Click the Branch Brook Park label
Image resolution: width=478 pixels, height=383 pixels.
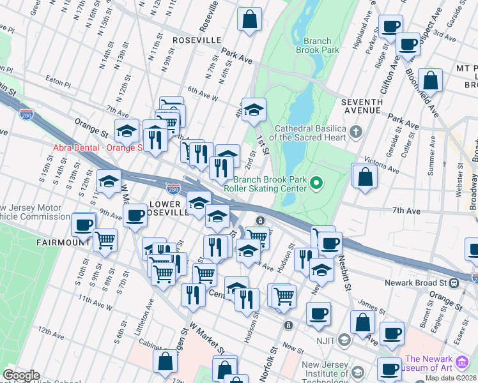coord(317,45)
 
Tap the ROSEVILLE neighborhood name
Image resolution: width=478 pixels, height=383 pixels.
coord(197,40)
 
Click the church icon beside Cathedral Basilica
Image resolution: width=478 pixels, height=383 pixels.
coord(356,133)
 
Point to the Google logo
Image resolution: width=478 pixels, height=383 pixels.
coord(20,375)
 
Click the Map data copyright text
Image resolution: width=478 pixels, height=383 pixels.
coord(450,378)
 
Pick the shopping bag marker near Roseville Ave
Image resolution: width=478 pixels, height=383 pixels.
coord(249,20)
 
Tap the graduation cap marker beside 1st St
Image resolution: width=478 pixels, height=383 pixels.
coord(254,110)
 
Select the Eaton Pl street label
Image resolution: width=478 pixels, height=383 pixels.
coord(58,82)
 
